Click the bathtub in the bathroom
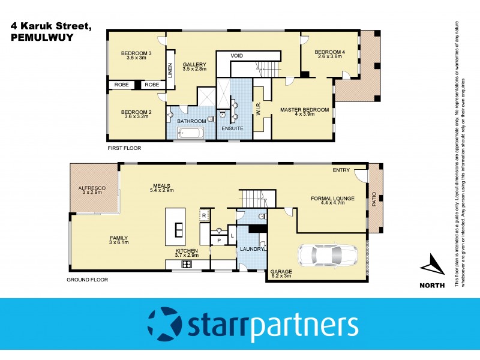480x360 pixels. click(x=191, y=131)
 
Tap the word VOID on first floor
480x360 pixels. click(x=236, y=55)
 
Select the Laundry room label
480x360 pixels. click(x=249, y=249)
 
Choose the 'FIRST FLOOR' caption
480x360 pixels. click(x=124, y=147)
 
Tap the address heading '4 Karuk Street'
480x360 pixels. click(x=50, y=27)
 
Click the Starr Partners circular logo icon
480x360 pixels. click(x=166, y=325)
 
